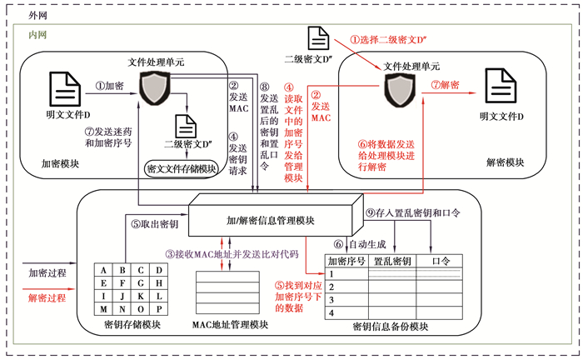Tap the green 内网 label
[x=37, y=35]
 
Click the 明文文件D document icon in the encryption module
[x=63, y=88]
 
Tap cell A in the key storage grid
[x=102, y=269]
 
